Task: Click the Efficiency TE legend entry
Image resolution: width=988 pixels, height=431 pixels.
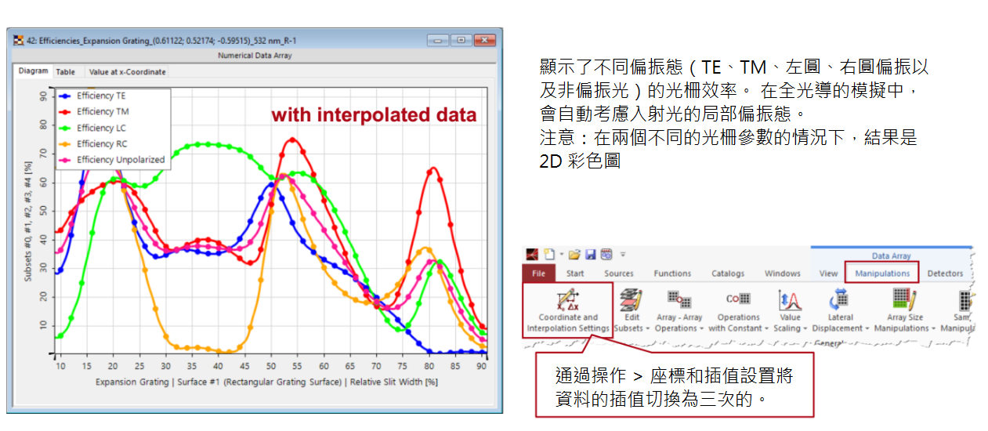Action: click(92, 96)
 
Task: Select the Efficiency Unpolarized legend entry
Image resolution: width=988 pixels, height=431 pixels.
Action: click(112, 160)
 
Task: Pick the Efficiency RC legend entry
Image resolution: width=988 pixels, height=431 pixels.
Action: click(93, 144)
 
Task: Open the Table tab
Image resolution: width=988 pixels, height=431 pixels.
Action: click(65, 72)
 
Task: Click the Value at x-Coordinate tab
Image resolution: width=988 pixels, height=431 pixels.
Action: click(127, 72)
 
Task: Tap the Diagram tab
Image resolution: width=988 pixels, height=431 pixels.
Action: click(33, 71)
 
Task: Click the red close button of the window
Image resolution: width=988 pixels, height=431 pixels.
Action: click(485, 40)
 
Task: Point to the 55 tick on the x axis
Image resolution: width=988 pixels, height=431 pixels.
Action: click(297, 366)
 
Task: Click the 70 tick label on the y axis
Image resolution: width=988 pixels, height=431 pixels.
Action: click(43, 154)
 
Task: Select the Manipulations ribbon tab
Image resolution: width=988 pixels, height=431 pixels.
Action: click(882, 273)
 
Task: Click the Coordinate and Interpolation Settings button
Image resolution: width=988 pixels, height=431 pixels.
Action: click(568, 310)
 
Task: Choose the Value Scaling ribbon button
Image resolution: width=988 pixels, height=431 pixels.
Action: click(790, 310)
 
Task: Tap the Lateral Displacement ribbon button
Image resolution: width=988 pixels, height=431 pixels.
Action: click(840, 310)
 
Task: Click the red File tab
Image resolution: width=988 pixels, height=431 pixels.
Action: click(538, 273)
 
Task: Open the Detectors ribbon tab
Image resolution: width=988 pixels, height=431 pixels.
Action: click(945, 273)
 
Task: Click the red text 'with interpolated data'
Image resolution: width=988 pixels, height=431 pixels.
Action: click(374, 114)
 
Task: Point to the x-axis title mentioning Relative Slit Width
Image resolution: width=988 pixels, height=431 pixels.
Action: click(266, 382)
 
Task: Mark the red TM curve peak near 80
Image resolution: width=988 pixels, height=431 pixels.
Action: click(433, 168)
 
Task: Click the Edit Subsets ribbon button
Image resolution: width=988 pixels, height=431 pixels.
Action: click(632, 310)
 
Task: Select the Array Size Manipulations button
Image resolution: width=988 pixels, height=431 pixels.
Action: click(905, 310)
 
